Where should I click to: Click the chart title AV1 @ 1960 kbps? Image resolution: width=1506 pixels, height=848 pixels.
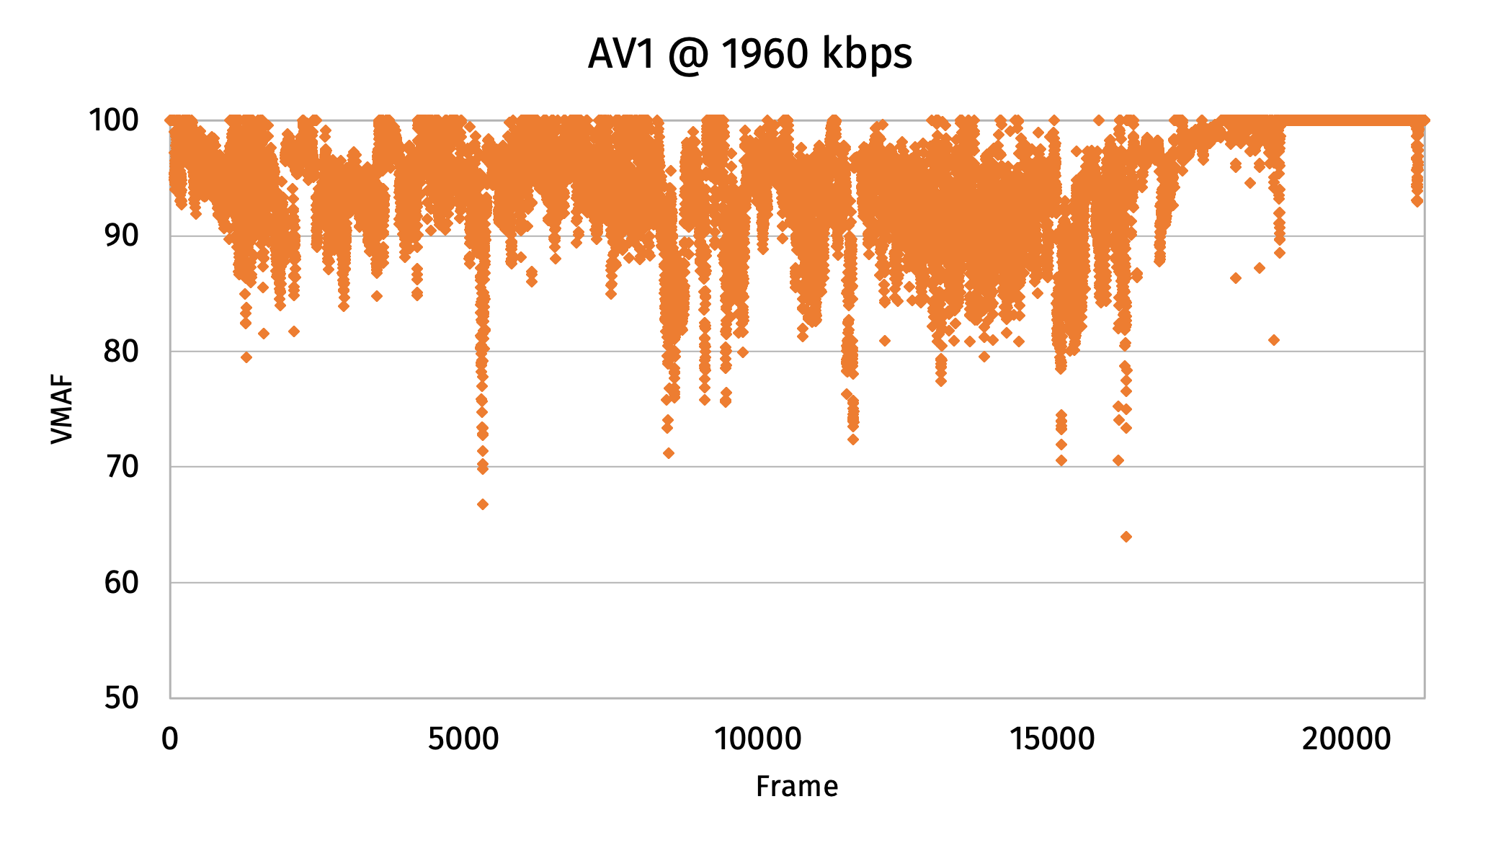749,54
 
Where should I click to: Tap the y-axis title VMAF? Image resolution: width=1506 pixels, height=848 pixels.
63,409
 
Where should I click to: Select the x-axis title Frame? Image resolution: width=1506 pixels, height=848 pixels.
796,786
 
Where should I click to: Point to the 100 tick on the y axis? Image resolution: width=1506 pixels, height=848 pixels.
114,120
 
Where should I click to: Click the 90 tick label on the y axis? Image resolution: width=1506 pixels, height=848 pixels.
121,236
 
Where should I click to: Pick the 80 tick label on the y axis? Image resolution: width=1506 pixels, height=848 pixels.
121,352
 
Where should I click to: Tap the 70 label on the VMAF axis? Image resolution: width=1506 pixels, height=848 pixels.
121,467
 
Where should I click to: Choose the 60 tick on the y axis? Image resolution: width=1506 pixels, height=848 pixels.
121,582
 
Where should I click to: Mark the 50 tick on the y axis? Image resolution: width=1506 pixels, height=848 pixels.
121,697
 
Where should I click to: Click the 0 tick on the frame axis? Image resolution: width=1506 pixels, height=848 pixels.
170,739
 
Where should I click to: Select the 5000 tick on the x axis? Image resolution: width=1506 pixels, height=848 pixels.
463,739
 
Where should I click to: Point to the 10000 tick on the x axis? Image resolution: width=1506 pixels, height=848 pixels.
757,739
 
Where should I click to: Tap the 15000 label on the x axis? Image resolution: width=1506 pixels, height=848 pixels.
1051,739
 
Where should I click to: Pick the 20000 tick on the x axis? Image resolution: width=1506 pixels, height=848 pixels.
1345,739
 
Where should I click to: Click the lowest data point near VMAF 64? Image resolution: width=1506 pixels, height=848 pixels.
1126,537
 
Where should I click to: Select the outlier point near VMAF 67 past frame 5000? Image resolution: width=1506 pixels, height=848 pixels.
483,504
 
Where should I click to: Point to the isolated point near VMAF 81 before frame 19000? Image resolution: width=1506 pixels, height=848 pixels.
1274,340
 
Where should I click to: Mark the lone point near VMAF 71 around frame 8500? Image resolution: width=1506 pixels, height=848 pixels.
669,453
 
